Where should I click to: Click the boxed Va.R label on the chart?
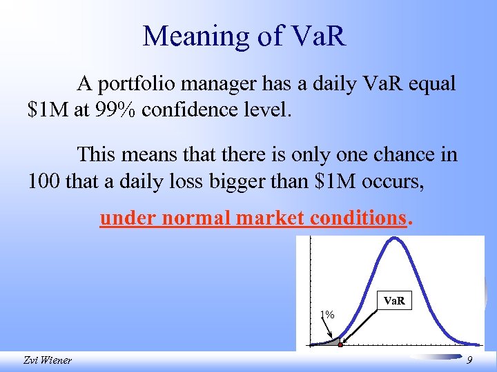(x=395, y=301)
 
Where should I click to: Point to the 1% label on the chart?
(x=327, y=314)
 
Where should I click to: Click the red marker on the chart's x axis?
(x=340, y=344)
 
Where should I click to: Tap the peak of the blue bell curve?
(x=393, y=239)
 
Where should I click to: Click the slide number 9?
(x=469, y=360)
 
